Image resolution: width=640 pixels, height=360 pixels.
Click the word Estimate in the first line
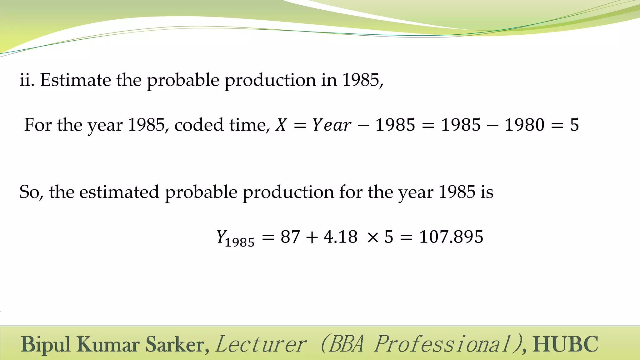pyautogui.click(x=75, y=80)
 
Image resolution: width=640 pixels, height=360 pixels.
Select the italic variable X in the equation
pyautogui.click(x=281, y=125)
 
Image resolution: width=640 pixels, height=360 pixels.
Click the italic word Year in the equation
pyautogui.click(x=332, y=125)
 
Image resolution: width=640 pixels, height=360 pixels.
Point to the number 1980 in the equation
pyautogui.click(x=525, y=125)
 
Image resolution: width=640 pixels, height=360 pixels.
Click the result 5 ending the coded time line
pyautogui.click(x=574, y=125)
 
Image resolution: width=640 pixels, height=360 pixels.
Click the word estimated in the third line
pyautogui.click(x=119, y=192)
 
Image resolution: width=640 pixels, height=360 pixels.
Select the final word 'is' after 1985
pyautogui.click(x=487, y=192)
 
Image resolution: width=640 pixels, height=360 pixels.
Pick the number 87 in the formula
pyautogui.click(x=290, y=237)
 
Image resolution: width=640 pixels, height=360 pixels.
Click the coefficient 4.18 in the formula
pyautogui.click(x=341, y=237)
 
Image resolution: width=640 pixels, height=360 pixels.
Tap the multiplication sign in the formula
pyautogui.click(x=373, y=237)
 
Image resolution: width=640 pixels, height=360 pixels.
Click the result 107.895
pyautogui.click(x=451, y=237)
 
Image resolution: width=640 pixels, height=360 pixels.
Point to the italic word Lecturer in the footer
pyautogui.click(x=261, y=344)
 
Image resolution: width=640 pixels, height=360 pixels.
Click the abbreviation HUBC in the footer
pyautogui.click(x=565, y=344)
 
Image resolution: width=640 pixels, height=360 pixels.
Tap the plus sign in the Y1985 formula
pyautogui.click(x=312, y=237)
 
